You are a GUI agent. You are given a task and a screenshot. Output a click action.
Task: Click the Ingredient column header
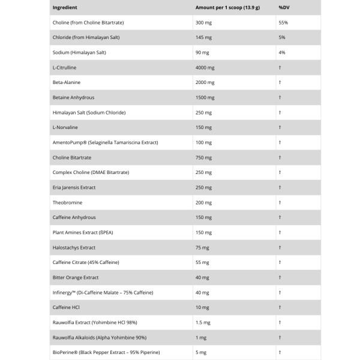click(65, 8)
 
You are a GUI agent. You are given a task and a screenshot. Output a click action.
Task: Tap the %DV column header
click(283, 8)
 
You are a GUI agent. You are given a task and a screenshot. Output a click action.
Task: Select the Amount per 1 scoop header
click(227, 8)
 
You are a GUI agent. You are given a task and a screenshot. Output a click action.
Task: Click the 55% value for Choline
click(283, 23)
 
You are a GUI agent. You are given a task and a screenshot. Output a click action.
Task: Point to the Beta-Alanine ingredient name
click(67, 83)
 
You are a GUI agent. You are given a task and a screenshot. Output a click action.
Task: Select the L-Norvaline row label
click(65, 128)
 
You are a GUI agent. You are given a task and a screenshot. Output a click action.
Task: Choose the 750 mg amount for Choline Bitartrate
click(204, 158)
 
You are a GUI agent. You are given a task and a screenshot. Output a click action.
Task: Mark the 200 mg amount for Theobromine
click(204, 203)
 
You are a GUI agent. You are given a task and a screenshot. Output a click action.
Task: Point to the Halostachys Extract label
click(74, 248)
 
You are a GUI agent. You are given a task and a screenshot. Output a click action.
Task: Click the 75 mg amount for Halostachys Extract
click(202, 248)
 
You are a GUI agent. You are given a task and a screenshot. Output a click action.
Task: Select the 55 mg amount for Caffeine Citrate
click(202, 263)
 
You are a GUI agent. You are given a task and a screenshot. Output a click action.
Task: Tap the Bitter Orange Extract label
click(76, 278)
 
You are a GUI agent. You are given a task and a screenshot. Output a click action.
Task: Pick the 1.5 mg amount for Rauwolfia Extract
click(203, 323)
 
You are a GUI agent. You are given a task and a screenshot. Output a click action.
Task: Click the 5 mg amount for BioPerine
click(201, 353)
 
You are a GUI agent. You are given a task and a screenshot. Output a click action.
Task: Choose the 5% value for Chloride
click(282, 38)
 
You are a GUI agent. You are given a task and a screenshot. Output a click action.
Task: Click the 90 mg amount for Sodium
click(202, 53)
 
